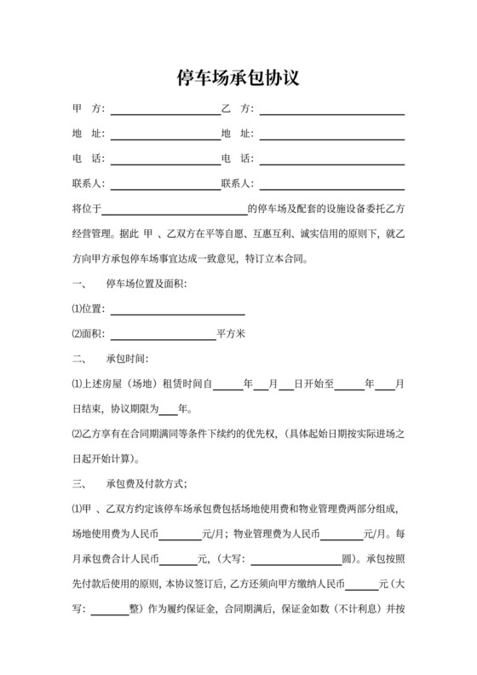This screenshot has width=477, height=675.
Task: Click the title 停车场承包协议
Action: pos(238,79)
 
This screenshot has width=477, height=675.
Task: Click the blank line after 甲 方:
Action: pos(164,112)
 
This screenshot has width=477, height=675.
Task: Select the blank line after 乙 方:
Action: pos(331,112)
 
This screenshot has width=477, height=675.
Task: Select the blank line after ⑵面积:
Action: pos(163,334)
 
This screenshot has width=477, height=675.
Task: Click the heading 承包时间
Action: pos(127,359)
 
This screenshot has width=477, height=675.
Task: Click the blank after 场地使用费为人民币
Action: pos(180,534)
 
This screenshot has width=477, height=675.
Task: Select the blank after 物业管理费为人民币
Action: pos(341,534)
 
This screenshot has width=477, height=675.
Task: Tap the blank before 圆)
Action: pos(296,560)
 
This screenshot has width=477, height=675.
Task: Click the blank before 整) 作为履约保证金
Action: pos(108,609)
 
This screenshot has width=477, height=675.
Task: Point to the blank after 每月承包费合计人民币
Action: pos(178,560)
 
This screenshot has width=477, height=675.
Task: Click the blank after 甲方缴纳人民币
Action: pos(362,585)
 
